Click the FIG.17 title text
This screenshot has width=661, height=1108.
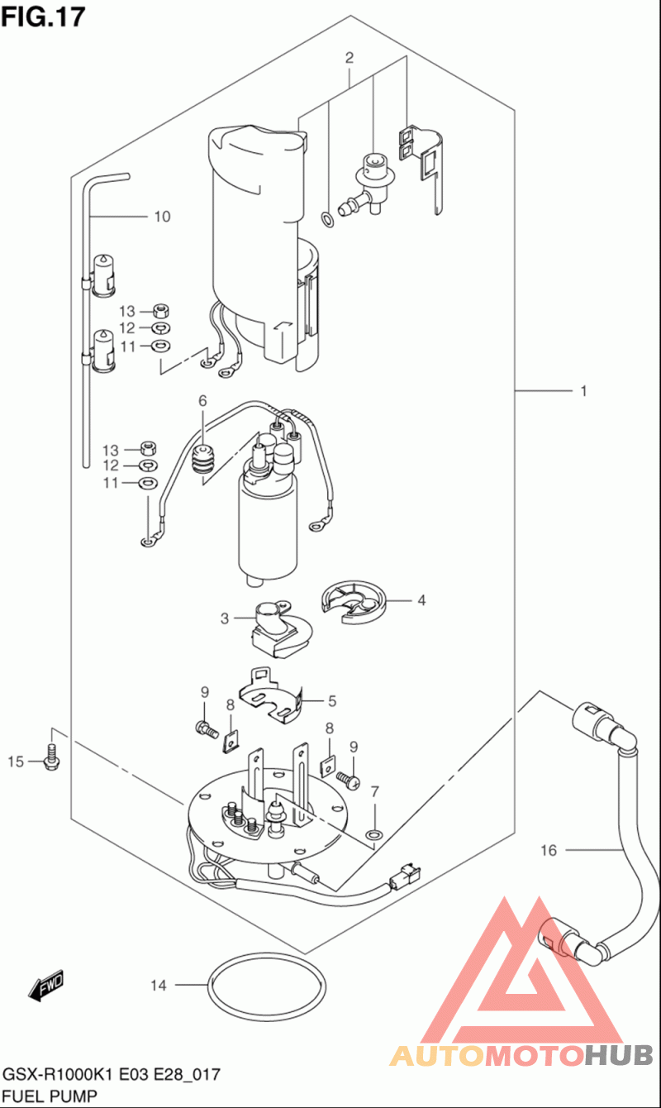click(43, 17)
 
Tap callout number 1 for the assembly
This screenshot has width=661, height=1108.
click(584, 391)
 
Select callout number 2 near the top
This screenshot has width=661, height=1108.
click(350, 58)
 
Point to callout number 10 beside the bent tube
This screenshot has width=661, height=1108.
click(162, 217)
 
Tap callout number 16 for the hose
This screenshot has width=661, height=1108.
click(549, 850)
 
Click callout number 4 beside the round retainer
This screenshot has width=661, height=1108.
click(421, 600)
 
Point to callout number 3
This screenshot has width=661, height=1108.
click(225, 618)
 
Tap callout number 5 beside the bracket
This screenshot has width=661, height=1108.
click(332, 701)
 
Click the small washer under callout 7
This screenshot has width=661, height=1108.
click(374, 835)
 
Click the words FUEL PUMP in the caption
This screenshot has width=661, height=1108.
click(50, 1095)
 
